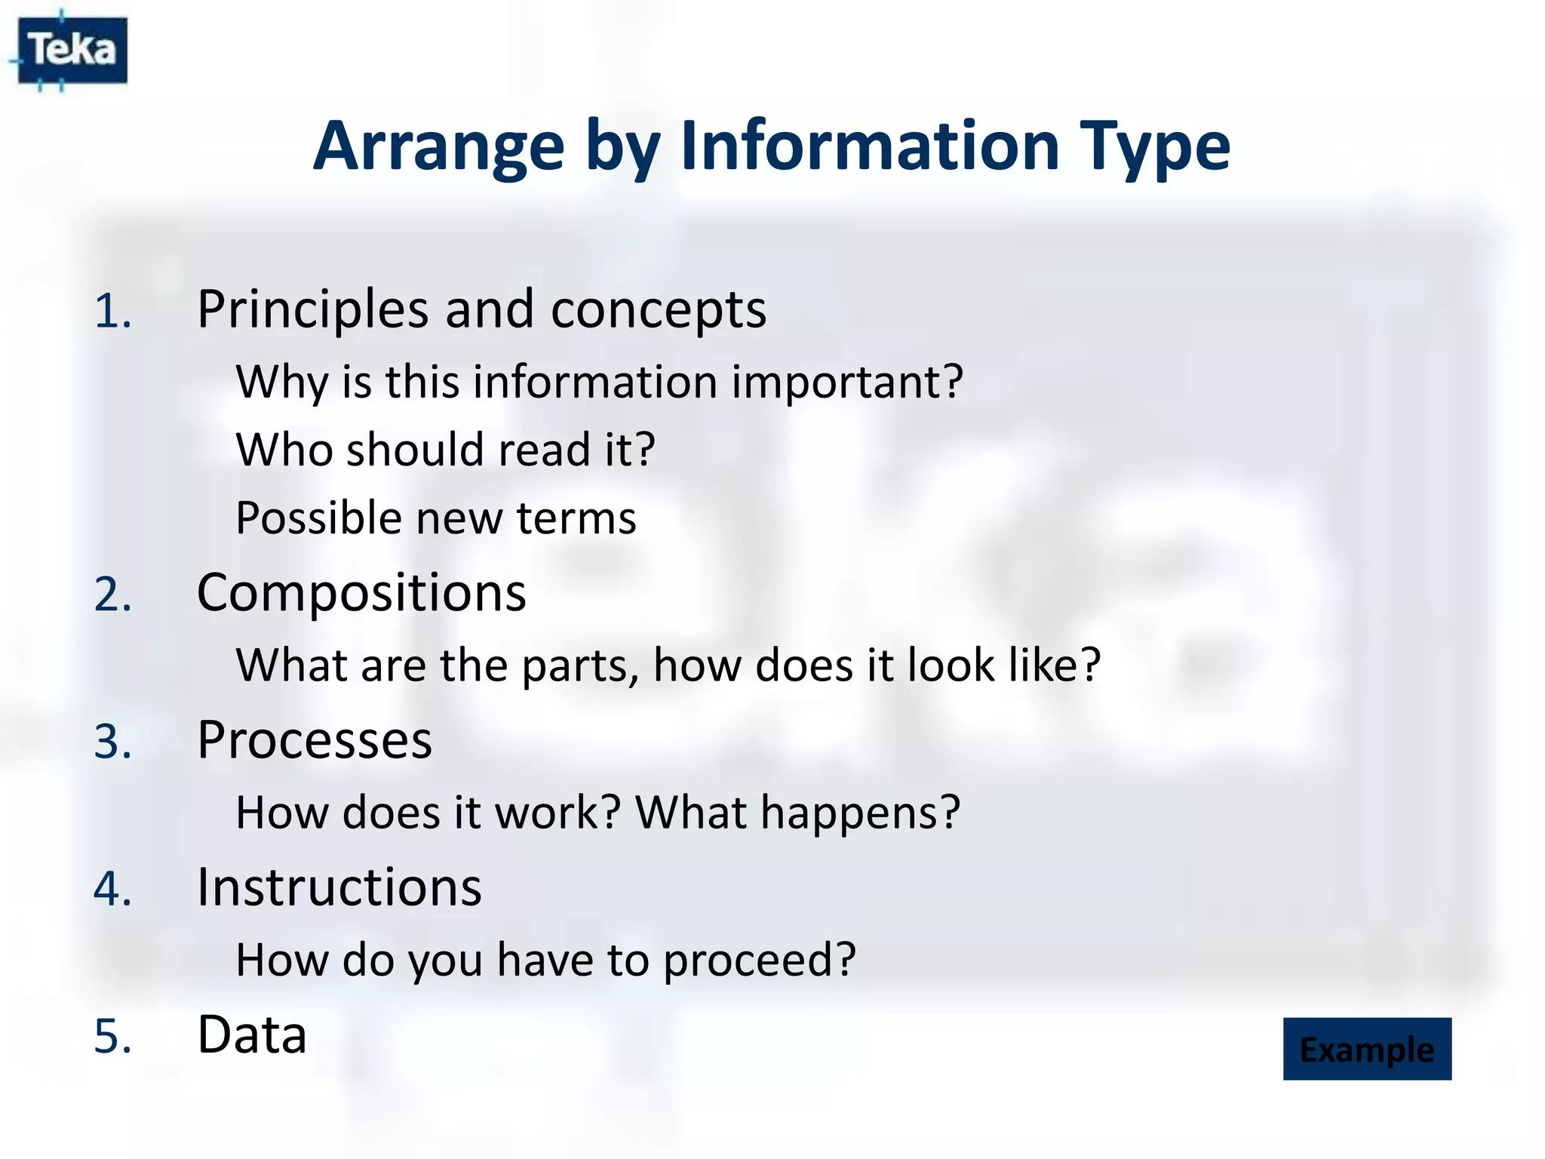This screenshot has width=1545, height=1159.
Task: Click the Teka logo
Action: [x=72, y=51]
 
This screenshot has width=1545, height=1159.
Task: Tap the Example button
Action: [x=1366, y=1049]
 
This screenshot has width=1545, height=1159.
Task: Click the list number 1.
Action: [x=112, y=312]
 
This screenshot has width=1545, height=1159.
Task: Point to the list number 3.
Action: [x=112, y=742]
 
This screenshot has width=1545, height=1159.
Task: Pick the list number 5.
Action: [x=112, y=1036]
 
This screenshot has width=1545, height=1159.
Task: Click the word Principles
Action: [x=312, y=310]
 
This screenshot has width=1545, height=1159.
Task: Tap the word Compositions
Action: [x=361, y=593]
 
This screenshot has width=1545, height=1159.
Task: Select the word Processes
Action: [x=315, y=740]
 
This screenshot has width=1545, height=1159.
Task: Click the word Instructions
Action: [x=339, y=887]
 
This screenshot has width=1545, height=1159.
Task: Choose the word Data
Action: [x=252, y=1034]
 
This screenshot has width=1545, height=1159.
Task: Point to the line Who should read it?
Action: [x=445, y=450]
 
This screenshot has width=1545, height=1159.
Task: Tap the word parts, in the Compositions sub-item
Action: [x=579, y=666]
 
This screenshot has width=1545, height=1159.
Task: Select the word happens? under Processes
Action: [x=860, y=813]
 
